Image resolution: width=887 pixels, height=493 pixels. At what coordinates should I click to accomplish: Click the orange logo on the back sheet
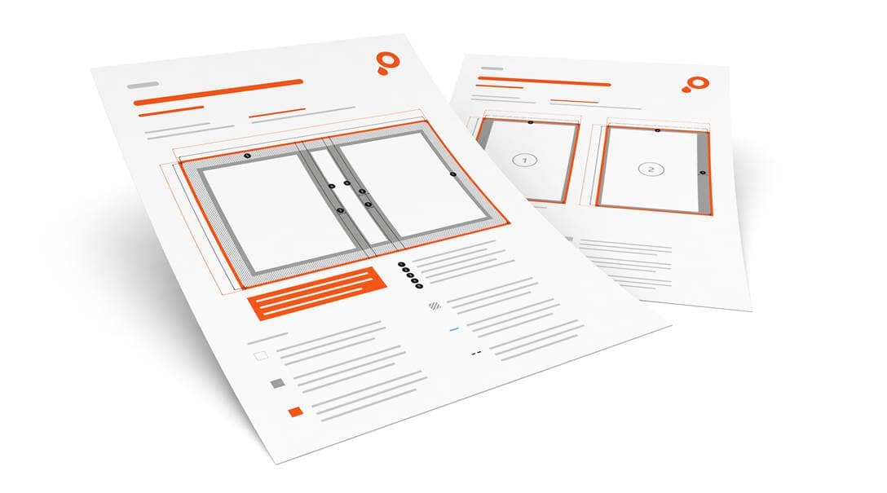coord(695,84)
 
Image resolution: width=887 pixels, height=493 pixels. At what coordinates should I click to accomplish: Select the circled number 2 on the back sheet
coord(651,169)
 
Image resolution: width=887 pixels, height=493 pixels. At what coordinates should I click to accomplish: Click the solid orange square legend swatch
coord(295,412)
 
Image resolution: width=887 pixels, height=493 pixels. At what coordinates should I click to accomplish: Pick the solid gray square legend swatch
coord(277,383)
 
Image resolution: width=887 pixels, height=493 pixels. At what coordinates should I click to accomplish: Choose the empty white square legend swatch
coord(260,355)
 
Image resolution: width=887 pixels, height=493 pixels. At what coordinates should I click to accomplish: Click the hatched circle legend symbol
coord(435,306)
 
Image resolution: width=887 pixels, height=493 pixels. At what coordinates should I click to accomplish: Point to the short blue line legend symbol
coord(454,329)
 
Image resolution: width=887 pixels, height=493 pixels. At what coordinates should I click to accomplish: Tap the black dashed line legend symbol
coord(475,353)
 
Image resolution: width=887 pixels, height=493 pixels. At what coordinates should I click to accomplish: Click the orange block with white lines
coord(316,292)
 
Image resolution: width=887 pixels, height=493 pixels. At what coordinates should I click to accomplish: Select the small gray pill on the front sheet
coord(142,85)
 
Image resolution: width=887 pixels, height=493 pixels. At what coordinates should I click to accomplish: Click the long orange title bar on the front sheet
coord(218,91)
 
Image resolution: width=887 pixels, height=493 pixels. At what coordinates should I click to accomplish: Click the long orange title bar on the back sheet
coord(544,81)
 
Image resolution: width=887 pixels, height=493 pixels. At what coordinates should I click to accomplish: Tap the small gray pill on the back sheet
coord(491,68)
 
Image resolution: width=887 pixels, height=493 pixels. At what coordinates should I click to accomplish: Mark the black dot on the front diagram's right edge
coord(452,174)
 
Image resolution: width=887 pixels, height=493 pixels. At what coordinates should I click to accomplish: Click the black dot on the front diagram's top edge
coord(248,155)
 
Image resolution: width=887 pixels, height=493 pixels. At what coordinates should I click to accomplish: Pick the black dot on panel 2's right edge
coord(702,173)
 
